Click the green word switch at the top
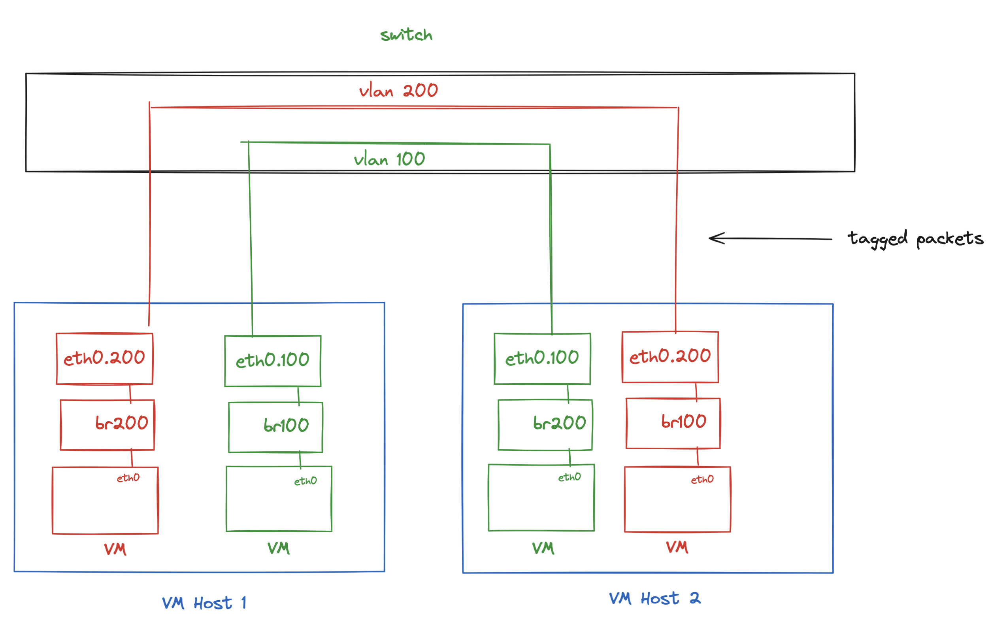point(406,35)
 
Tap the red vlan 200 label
point(398,91)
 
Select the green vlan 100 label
point(389,159)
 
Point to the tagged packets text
point(915,239)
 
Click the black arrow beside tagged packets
point(769,238)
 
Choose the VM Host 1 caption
point(204,603)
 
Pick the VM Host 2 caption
point(654,599)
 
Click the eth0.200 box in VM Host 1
point(105,359)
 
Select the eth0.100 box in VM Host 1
point(273,361)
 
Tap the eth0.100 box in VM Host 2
point(542,359)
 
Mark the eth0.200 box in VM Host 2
point(670,357)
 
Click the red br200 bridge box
point(107,425)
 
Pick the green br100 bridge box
point(275,427)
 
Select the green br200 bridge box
point(545,425)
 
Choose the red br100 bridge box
point(673,423)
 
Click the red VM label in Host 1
point(115,549)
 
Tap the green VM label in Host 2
point(543,548)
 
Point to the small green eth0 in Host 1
point(305,482)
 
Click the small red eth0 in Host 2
point(702,479)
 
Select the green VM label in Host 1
point(279,548)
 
